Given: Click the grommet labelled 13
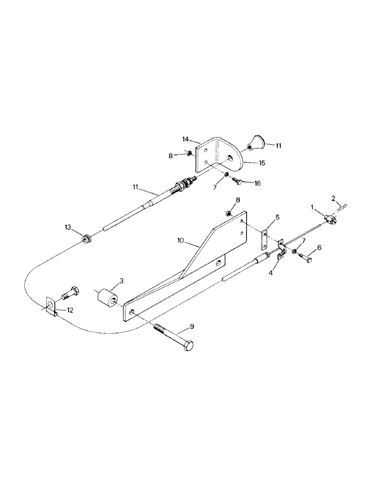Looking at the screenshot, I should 87,238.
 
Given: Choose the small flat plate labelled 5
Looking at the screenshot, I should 265,239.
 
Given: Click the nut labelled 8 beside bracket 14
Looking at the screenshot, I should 190,154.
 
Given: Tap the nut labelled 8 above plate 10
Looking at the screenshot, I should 230,212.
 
